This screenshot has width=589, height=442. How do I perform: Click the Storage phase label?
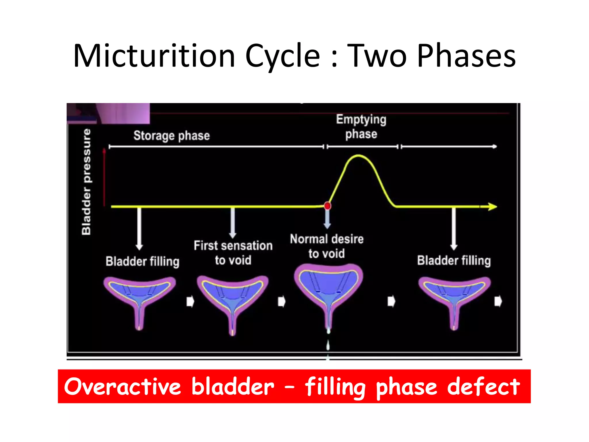(x=172, y=136)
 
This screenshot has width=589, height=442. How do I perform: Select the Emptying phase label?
(x=361, y=127)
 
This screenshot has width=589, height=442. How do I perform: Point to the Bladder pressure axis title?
(x=86, y=182)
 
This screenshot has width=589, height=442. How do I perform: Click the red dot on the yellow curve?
(x=327, y=206)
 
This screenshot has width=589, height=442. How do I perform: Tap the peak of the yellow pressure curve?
(x=358, y=156)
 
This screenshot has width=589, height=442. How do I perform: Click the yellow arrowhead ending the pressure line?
(x=492, y=207)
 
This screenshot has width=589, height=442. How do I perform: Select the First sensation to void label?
(x=233, y=253)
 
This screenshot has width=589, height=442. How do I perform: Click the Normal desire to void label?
(x=327, y=246)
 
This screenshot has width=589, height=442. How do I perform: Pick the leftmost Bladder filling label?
(x=142, y=261)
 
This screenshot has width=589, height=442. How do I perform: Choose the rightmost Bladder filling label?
(x=454, y=260)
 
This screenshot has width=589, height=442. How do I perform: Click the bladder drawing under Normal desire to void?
(x=328, y=291)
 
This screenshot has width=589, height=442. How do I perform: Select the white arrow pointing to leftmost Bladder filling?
(x=139, y=229)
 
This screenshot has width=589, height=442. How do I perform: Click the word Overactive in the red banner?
(x=123, y=386)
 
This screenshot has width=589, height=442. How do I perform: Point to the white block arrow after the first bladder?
(x=190, y=302)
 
